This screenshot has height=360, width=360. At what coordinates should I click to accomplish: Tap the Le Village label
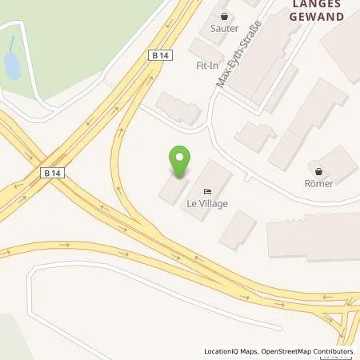click(208, 204)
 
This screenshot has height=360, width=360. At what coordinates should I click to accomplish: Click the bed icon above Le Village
click(208, 192)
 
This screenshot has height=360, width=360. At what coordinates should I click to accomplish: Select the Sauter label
click(224, 27)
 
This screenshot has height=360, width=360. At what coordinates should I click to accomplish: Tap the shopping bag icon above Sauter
click(224, 15)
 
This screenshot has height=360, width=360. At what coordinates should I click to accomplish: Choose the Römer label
click(320, 183)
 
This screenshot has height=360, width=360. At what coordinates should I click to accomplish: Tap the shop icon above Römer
click(320, 170)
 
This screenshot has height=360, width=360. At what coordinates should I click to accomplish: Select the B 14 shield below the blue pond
click(52, 172)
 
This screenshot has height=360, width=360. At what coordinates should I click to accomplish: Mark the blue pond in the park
click(12, 66)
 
